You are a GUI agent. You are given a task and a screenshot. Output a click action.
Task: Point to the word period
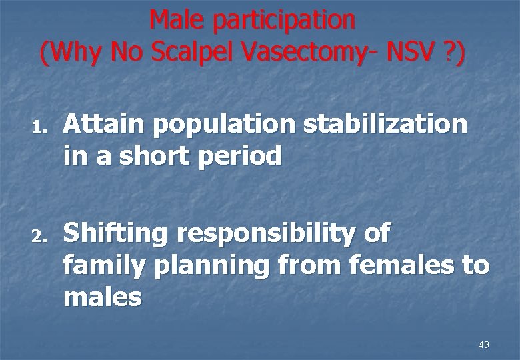[x=243, y=158]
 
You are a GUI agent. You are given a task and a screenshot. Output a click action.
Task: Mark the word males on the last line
[x=103, y=297]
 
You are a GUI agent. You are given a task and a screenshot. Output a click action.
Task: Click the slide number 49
[x=484, y=345]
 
